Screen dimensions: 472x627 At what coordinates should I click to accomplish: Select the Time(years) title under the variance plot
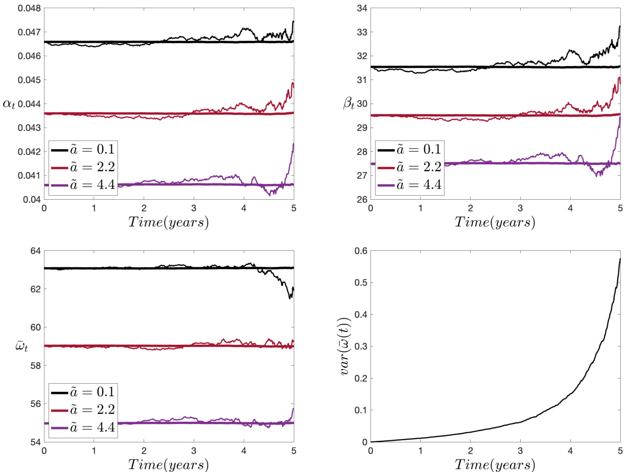(x=495, y=465)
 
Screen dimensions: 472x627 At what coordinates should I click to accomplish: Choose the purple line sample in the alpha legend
(x=61, y=184)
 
